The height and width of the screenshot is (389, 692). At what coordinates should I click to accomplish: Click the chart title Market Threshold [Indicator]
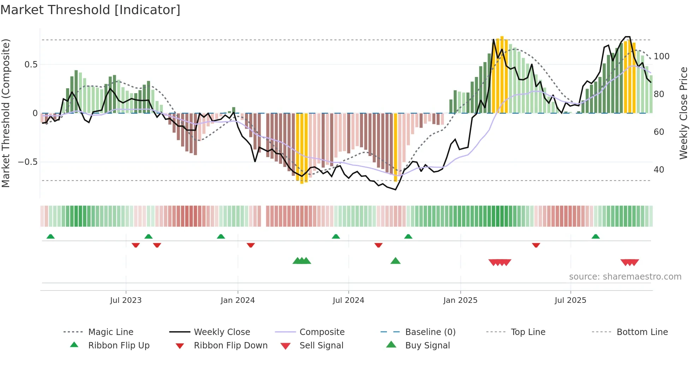pyautogui.click(x=90, y=10)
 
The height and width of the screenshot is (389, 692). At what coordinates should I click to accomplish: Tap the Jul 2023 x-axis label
pyautogui.click(x=126, y=300)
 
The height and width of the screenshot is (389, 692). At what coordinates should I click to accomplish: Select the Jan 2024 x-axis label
pyautogui.click(x=238, y=300)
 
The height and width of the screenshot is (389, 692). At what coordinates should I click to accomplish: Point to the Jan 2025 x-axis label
pyautogui.click(x=460, y=300)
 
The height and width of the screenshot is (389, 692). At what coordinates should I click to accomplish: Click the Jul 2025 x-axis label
pyautogui.click(x=571, y=300)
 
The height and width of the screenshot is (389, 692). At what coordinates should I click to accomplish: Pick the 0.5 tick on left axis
pyautogui.click(x=31, y=65)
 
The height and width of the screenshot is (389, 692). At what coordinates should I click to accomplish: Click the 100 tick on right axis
pyautogui.click(x=661, y=56)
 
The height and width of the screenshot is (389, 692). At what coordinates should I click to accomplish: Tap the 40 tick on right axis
pyautogui.click(x=659, y=170)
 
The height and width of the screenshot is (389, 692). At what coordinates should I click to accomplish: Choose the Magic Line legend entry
pyautogui.click(x=111, y=332)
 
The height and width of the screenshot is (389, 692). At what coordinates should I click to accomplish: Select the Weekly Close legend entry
pyautogui.click(x=222, y=332)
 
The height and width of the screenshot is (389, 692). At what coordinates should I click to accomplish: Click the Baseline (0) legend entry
pyautogui.click(x=430, y=332)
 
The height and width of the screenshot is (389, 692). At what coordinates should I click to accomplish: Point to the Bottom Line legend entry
pyautogui.click(x=642, y=332)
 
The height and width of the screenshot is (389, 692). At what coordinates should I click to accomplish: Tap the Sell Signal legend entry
pyautogui.click(x=321, y=346)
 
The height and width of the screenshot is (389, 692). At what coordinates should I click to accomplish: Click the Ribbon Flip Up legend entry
pyautogui.click(x=119, y=346)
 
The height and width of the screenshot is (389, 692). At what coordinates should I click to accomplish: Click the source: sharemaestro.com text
pyautogui.click(x=625, y=277)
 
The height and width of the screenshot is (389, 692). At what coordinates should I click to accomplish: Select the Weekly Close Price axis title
pyautogui.click(x=684, y=113)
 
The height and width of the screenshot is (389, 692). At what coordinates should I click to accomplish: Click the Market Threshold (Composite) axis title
pyautogui.click(x=6, y=113)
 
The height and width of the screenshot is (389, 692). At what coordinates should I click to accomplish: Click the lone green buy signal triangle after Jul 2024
pyautogui.click(x=395, y=261)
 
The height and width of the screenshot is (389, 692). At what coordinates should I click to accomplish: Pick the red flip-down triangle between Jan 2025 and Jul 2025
pyautogui.click(x=536, y=245)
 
